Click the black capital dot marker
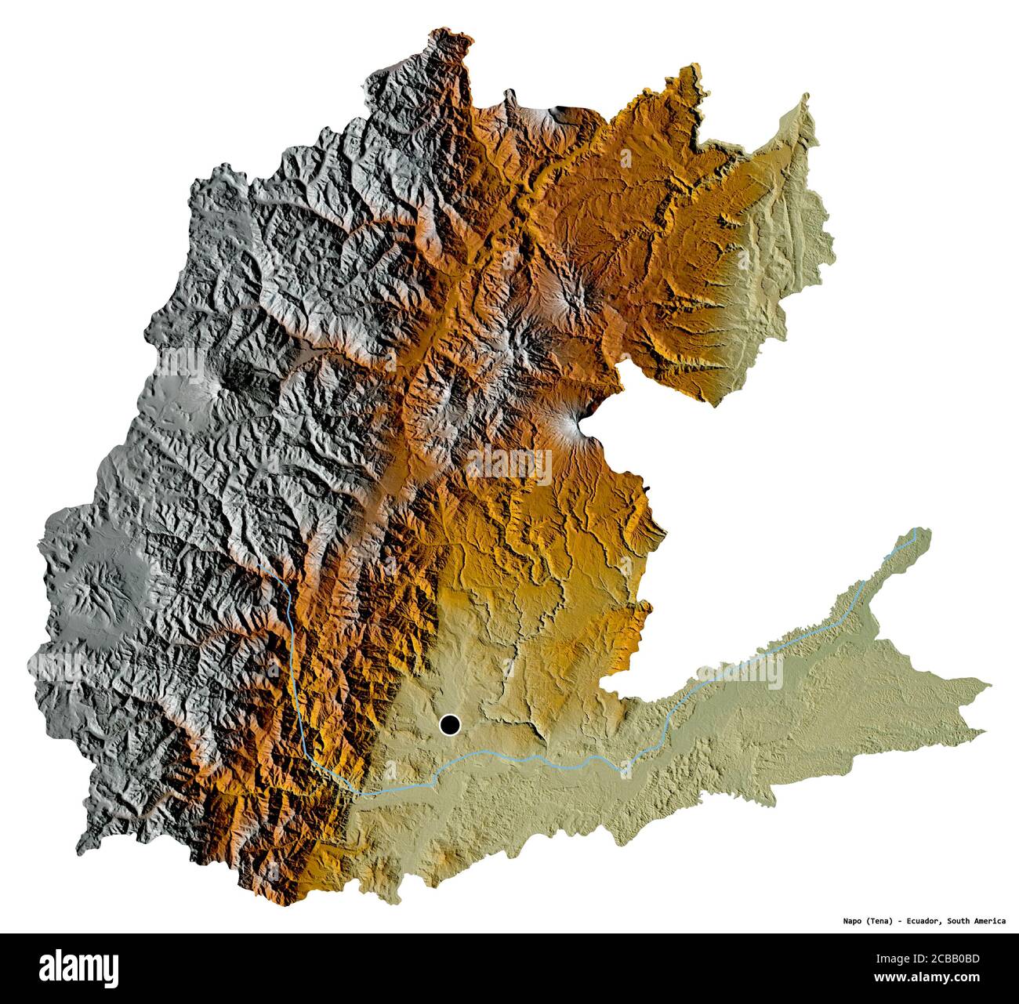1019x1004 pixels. click(450, 725)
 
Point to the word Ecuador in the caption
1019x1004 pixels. click(920, 921)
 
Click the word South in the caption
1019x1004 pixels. click(960, 921)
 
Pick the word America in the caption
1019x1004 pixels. click(992, 921)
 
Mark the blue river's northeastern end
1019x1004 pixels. click(915, 531)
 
